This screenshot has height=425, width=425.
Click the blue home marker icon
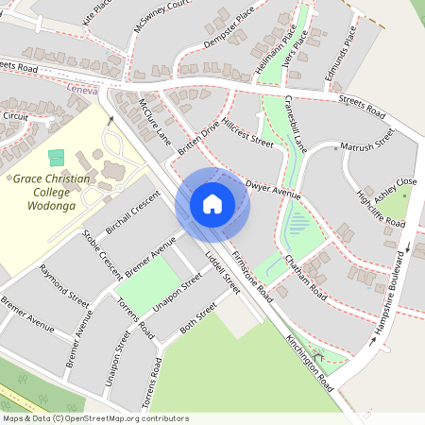[212, 203]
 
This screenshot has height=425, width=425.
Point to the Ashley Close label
[395, 189]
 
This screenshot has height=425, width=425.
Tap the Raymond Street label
[64, 283]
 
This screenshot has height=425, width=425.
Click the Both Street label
[197, 321]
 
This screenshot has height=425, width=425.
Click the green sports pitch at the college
[57, 157]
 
